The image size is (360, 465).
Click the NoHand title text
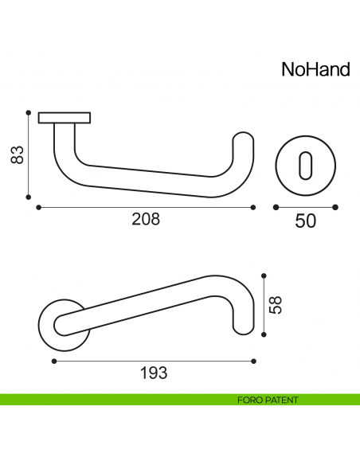315,70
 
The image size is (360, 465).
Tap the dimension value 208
146,220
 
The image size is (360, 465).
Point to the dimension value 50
306,221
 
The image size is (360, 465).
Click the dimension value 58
276,305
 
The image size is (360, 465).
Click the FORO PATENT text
268,400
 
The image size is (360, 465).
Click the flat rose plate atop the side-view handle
64,117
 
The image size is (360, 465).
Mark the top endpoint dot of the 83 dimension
29,112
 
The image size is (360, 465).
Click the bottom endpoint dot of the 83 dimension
29,198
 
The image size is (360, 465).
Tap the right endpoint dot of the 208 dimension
253,208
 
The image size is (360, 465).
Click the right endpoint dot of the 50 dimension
335,208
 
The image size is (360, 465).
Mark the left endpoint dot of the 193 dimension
53,361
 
